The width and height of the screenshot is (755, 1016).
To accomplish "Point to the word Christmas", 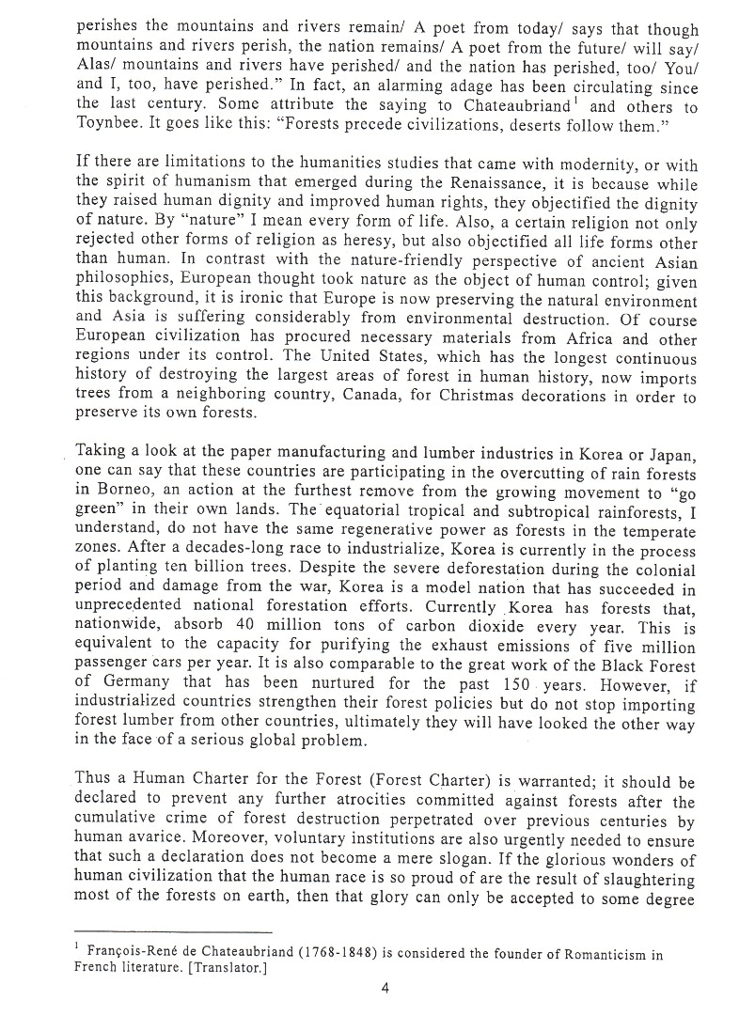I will [457, 399].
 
